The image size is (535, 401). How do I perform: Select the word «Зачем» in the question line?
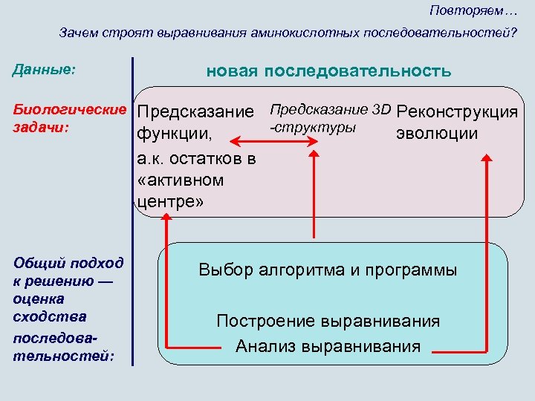click(79, 33)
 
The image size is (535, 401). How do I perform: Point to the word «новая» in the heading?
click(230, 71)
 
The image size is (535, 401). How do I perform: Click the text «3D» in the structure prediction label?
click(381, 110)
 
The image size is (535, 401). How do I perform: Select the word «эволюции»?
click(437, 134)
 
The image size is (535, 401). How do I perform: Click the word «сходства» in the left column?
click(50, 316)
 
